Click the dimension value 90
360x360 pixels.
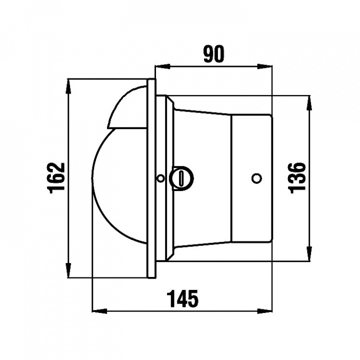coord(213,54)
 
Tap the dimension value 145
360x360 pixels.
coord(182,299)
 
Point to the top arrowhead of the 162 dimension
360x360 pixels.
coord(68,84)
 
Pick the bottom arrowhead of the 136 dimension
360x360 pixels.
coord(308,253)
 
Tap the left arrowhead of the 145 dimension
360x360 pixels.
coord(97,310)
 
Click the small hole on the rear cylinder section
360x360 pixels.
coord(256,177)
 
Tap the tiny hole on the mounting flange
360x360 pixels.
coord(160,178)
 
